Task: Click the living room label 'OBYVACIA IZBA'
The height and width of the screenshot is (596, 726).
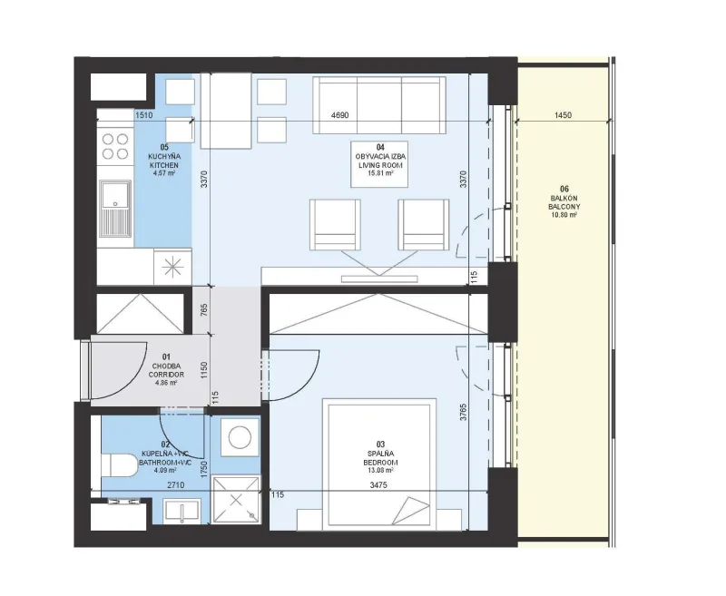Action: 379,157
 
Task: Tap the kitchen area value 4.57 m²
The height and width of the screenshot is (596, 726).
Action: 164,173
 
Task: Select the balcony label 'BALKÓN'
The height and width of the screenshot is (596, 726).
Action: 564,198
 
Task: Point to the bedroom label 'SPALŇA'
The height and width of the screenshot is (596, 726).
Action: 380,454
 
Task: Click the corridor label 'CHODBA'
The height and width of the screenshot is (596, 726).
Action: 166,366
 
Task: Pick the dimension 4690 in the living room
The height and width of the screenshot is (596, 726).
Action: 339,115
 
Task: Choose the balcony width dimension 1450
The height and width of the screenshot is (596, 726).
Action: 563,115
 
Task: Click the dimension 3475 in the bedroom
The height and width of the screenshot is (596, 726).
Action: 378,485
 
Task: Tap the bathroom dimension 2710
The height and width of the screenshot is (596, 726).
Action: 175,485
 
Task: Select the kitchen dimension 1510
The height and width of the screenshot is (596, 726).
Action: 144,115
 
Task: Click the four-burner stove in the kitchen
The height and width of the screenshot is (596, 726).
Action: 115,146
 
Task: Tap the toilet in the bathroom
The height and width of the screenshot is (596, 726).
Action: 119,464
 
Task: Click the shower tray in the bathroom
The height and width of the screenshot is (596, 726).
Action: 236,499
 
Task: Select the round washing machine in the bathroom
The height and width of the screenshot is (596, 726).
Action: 240,437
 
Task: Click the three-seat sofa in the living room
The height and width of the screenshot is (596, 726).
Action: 379,105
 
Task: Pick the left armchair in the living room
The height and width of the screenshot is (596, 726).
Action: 335,225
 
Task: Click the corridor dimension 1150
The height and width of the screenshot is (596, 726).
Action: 204,370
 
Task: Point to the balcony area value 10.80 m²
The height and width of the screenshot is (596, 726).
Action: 564,216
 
